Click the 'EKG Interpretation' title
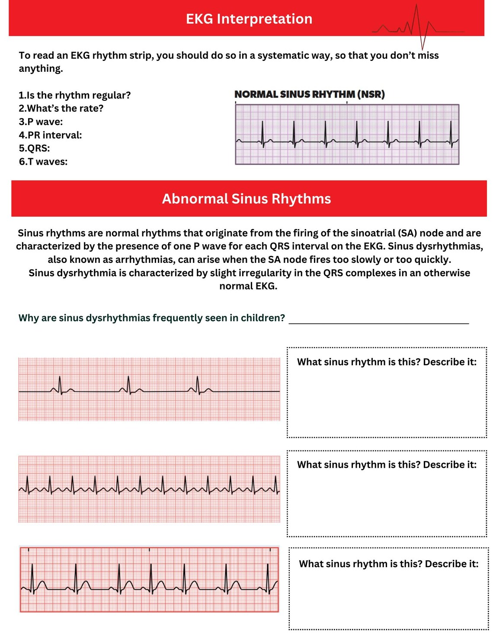[x=249, y=19]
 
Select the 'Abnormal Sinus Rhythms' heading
[x=246, y=199]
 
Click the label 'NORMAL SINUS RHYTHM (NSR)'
[x=310, y=94]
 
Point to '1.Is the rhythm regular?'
[x=74, y=95]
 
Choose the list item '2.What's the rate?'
[x=61, y=108]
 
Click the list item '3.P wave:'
[x=41, y=122]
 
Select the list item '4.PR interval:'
[x=50, y=135]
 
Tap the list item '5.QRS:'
[x=34, y=148]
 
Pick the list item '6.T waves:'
[x=43, y=162]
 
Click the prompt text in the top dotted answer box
[x=387, y=362]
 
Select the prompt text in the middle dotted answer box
[x=387, y=465]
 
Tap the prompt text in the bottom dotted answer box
[x=388, y=564]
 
